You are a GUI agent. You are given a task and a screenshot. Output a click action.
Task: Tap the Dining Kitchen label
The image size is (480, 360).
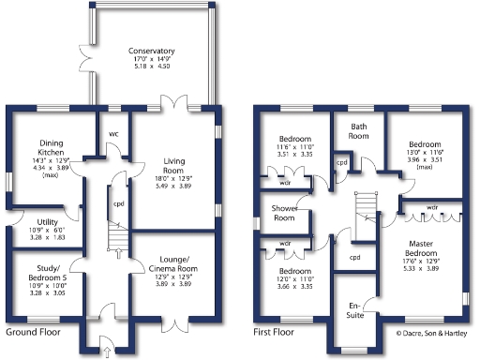coord(38,146)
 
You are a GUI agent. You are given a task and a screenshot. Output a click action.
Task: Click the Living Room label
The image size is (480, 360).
coord(175,166)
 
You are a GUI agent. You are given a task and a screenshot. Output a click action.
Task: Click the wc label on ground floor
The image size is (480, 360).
coord(112,132)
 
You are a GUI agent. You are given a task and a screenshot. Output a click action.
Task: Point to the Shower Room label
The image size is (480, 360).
coord(284,213)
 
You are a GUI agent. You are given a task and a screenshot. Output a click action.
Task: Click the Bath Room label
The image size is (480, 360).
coord(359,130)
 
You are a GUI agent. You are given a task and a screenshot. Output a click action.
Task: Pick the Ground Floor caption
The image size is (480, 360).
coord(37,332)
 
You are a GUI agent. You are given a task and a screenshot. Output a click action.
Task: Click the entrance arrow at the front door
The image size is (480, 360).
coord(106,352)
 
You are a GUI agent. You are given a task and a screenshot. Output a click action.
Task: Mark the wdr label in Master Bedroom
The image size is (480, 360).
coord(432,207)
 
